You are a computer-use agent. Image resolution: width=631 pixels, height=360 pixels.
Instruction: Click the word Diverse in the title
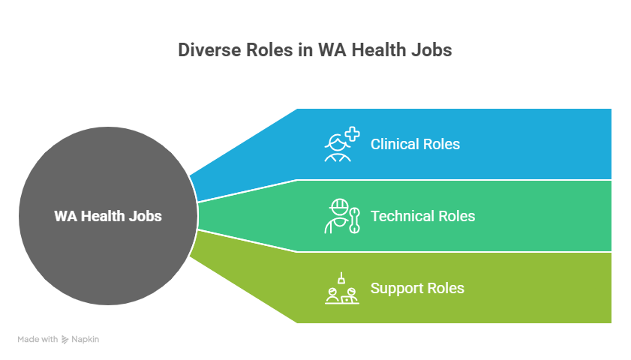[x=209, y=50]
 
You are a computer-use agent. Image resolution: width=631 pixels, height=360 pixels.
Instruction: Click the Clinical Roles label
[x=415, y=145]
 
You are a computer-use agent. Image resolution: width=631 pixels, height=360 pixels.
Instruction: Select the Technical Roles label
[x=422, y=217]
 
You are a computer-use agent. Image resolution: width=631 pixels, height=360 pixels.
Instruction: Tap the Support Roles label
[x=417, y=289]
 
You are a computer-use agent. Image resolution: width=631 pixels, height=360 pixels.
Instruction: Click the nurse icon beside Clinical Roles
[x=342, y=145]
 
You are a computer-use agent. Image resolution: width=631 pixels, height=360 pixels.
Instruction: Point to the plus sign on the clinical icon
[x=353, y=134]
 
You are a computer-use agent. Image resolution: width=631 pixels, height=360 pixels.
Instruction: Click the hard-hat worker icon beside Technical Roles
[x=342, y=217]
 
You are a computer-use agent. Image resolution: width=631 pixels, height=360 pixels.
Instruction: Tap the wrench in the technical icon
[x=355, y=220]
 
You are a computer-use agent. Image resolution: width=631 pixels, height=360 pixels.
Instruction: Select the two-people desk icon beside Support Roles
[x=342, y=289]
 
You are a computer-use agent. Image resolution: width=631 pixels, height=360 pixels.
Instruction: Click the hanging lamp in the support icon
[x=341, y=278]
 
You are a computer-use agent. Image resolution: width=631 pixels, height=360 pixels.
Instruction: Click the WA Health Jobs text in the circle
[x=108, y=217]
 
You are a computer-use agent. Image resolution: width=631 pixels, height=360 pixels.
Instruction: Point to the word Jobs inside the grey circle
[x=146, y=217]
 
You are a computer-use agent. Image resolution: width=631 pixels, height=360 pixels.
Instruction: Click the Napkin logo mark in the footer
[x=65, y=340]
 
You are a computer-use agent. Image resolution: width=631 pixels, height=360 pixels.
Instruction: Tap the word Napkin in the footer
[x=86, y=340]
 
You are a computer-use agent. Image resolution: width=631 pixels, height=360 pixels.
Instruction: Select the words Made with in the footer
[x=38, y=340]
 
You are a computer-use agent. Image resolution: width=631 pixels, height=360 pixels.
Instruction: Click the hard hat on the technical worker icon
[x=339, y=205]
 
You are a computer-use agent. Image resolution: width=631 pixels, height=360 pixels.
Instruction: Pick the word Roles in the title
[x=269, y=50]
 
